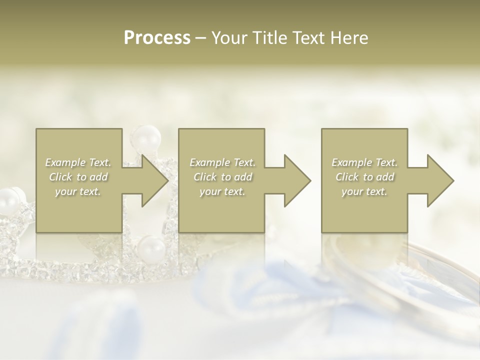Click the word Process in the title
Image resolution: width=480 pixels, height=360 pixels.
click(157, 38)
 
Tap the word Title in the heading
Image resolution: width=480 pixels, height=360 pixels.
click(268, 38)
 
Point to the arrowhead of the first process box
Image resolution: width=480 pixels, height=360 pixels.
click(154, 180)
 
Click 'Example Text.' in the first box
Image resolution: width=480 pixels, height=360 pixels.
click(78, 162)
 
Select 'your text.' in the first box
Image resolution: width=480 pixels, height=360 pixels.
click(78, 191)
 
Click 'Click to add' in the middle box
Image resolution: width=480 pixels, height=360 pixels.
click(222, 177)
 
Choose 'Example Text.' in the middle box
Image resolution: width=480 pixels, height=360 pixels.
click(222, 162)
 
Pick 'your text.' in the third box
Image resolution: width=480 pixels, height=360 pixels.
click(364, 191)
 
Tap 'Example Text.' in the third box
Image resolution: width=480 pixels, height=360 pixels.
click(364, 162)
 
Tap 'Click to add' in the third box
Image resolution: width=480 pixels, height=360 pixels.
click(364, 177)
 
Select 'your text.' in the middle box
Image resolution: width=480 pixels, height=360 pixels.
click(222, 191)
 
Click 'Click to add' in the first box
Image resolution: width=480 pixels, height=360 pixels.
click(78, 177)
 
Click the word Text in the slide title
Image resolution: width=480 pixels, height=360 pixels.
click(309, 38)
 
